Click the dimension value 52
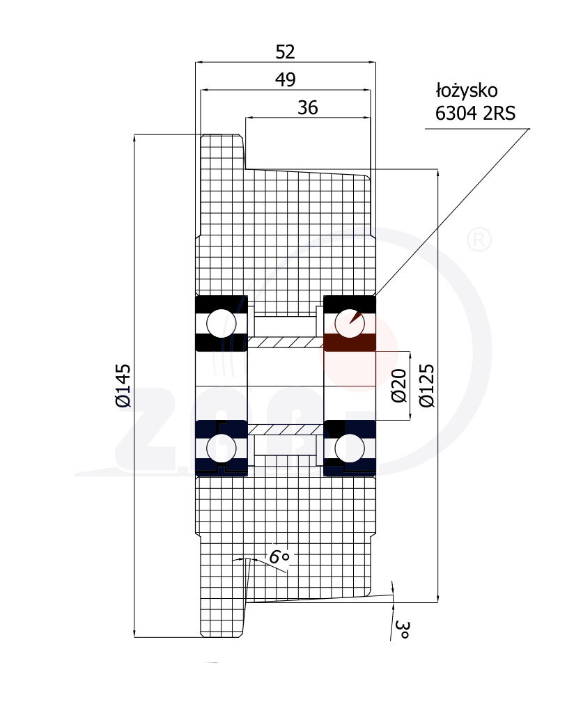(286, 52)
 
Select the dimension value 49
(285, 80)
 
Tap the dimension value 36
(307, 107)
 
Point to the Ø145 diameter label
(123, 385)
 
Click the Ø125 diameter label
(426, 385)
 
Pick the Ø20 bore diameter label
(398, 386)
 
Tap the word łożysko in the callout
(466, 91)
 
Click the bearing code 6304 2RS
(475, 114)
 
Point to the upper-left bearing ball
(222, 322)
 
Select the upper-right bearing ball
(349, 322)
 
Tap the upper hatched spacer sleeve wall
(286, 342)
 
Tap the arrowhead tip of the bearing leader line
(351, 322)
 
